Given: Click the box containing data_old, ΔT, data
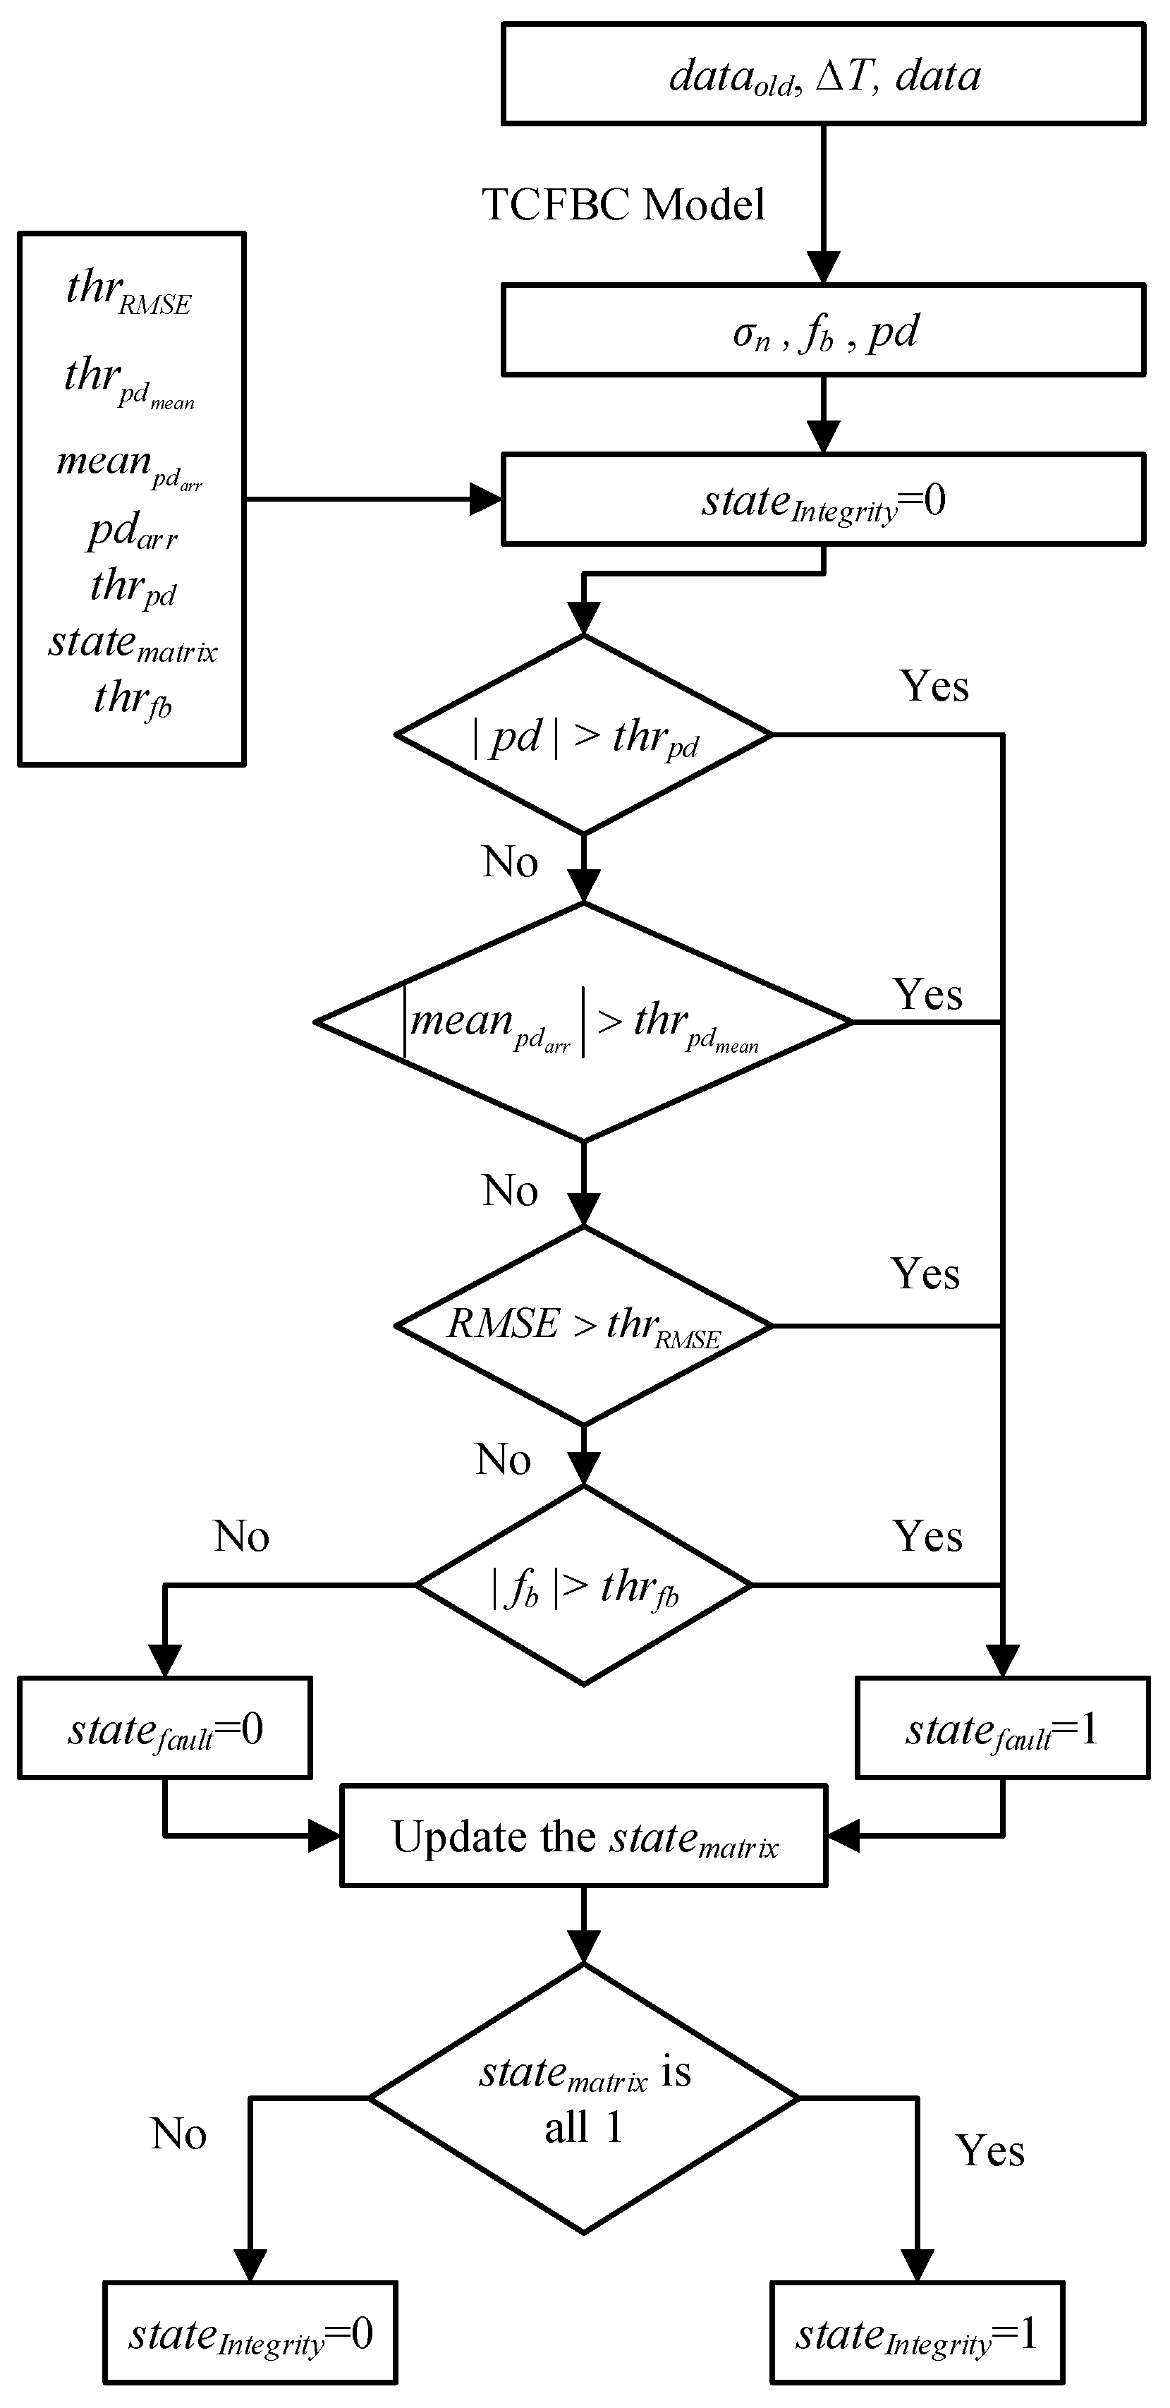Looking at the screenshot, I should (x=822, y=75).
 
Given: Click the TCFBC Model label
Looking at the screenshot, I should (x=623, y=205).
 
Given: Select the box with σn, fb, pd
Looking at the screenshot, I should (x=822, y=331).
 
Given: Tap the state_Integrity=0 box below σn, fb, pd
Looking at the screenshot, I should (x=822, y=500).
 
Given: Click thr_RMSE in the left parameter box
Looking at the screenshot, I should (x=129, y=291).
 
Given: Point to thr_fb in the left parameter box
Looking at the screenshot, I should (x=133, y=699).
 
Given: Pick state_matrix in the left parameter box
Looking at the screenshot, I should (x=133, y=643).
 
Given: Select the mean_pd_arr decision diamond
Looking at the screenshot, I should (x=584, y=1022).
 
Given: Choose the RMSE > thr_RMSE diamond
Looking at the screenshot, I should (x=584, y=1326).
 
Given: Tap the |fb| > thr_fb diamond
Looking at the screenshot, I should (x=584, y=1585).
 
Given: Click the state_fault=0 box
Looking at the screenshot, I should (x=164, y=1729).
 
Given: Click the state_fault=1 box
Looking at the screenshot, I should (x=1001, y=1729).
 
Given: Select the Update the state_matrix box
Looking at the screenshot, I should (x=584, y=1837).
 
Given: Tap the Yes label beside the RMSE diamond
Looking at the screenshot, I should (x=925, y=1274).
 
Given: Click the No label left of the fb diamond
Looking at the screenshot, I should (x=241, y=1537).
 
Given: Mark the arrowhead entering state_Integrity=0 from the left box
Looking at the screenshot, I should (x=486, y=500).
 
